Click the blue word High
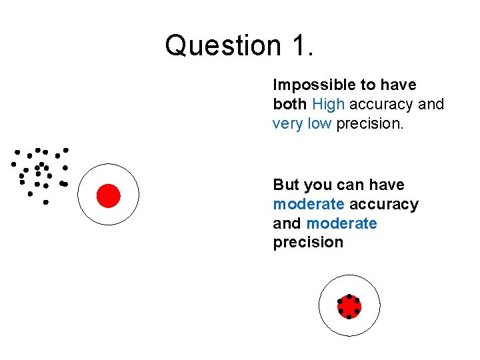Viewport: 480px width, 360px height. click(x=328, y=105)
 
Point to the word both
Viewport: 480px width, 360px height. click(x=290, y=105)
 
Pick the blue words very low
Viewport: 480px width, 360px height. click(x=301, y=124)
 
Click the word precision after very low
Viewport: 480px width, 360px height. click(x=369, y=124)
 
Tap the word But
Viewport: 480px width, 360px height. click(x=285, y=185)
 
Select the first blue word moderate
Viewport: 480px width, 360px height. click(x=308, y=204)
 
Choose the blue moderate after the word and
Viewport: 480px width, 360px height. click(x=341, y=223)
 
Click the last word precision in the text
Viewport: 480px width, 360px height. click(x=308, y=243)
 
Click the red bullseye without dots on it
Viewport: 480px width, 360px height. click(x=108, y=196)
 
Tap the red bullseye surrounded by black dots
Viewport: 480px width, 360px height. click(x=349, y=306)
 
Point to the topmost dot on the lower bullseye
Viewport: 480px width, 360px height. click(x=349, y=296)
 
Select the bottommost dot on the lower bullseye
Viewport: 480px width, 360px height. click(x=349, y=317)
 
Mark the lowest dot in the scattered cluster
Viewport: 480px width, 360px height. click(x=46, y=201)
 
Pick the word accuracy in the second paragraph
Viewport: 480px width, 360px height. click(x=383, y=204)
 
